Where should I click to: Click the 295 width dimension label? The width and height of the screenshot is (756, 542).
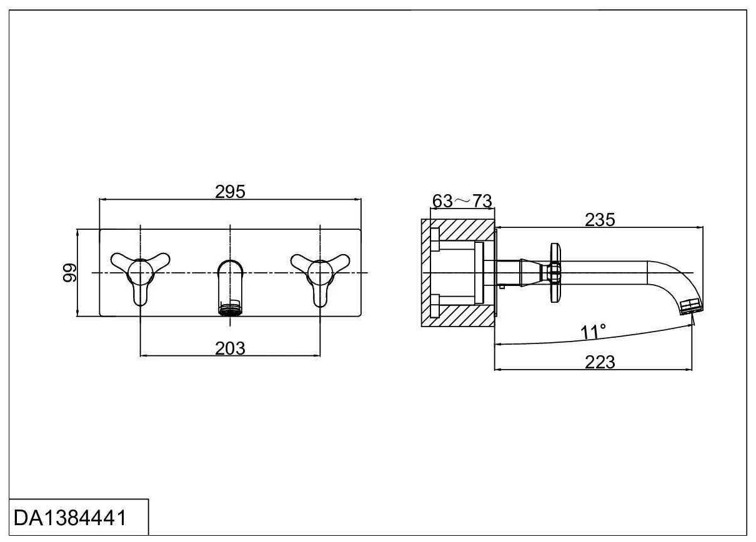coord(230,191)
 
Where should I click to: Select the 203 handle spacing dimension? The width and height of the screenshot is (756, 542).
coord(230,348)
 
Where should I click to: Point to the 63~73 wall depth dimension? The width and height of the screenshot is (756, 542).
coord(462,201)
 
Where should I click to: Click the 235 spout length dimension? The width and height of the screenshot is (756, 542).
coord(600,219)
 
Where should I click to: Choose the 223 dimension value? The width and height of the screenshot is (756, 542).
coord(600,362)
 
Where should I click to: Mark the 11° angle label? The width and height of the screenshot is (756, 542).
coord(593,332)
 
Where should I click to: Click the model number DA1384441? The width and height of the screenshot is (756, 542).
coord(70,518)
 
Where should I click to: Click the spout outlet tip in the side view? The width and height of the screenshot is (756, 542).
coord(690,307)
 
